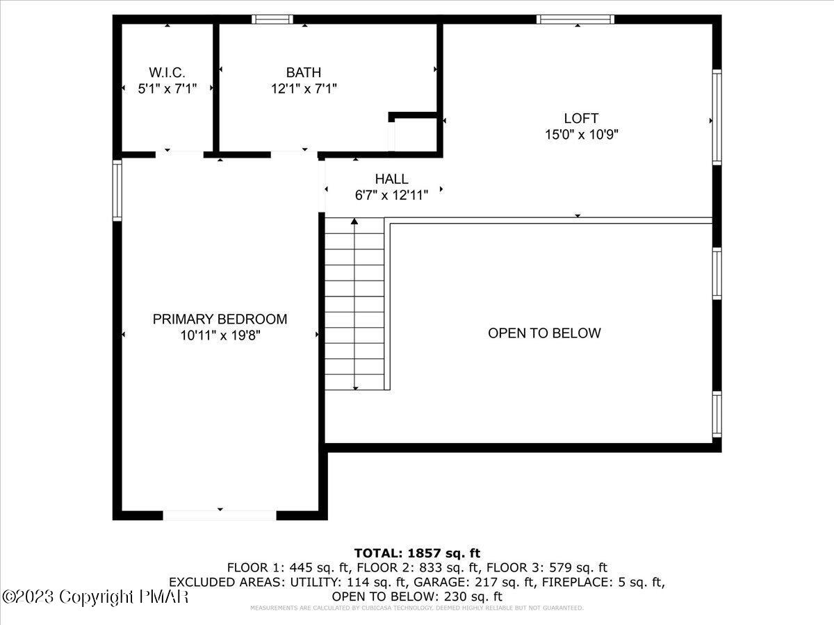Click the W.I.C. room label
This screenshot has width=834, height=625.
coord(167,72)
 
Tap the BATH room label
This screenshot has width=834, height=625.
coord(304,72)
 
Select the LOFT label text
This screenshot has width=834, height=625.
coord(581,119)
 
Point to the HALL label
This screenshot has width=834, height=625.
coord(391,179)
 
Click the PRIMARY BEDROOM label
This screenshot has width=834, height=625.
coord(220,319)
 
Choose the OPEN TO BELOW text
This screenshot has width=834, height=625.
coord(544,333)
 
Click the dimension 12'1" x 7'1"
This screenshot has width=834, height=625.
coord(304,89)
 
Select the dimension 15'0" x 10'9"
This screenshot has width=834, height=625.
coord(581,135)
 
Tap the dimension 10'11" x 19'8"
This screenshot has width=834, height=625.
coord(220,336)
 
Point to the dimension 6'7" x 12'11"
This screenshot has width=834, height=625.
coord(391,196)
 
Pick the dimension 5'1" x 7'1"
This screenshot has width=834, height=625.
coord(167,89)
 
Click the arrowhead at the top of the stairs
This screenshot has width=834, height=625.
coord(354,222)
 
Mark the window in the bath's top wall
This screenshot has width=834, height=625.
coord(272,19)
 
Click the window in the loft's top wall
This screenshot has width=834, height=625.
coord(575,19)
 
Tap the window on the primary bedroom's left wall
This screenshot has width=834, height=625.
coord(117,190)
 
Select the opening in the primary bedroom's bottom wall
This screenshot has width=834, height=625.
coord(220,515)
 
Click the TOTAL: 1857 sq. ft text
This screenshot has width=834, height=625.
coord(417,553)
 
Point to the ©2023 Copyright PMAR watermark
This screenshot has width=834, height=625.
coord(95,597)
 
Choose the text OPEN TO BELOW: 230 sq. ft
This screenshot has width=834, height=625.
coord(417,597)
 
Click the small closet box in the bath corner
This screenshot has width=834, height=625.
coord(414,133)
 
